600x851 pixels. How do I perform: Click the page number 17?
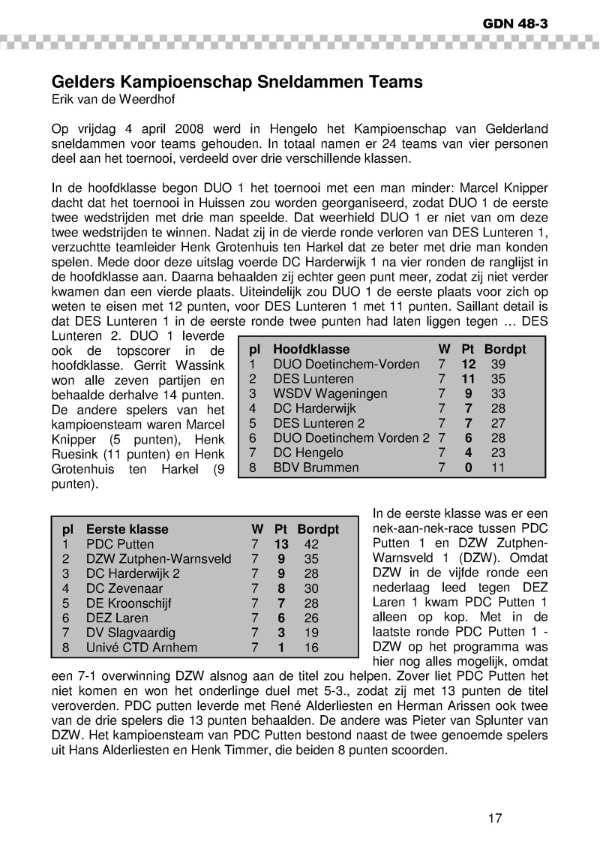(x=493, y=818)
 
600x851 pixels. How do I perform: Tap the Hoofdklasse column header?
(x=311, y=350)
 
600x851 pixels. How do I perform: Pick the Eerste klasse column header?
(x=127, y=529)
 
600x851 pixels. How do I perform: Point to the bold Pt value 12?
(x=469, y=364)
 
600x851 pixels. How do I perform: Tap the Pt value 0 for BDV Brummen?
(x=469, y=467)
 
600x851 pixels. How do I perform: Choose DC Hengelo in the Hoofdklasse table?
(x=308, y=453)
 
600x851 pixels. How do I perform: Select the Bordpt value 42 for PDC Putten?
(x=310, y=544)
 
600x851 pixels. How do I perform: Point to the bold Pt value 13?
(x=281, y=544)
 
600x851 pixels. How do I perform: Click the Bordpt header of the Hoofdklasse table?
(x=505, y=350)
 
